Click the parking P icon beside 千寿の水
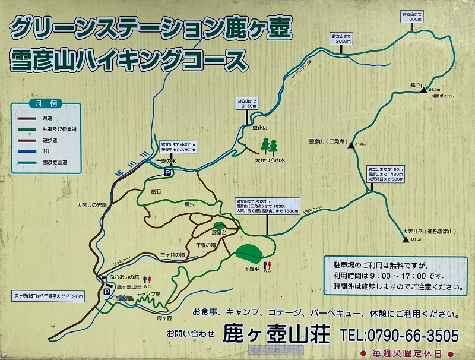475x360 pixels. [168, 172]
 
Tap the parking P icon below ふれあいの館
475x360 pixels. [107, 292]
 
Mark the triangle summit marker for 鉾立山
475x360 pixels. [423, 90]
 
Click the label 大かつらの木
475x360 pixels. [270, 160]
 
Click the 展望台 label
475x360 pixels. [220, 232]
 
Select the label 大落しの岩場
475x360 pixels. [91, 205]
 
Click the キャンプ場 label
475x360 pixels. [148, 294]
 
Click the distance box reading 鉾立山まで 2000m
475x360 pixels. [343, 39]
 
